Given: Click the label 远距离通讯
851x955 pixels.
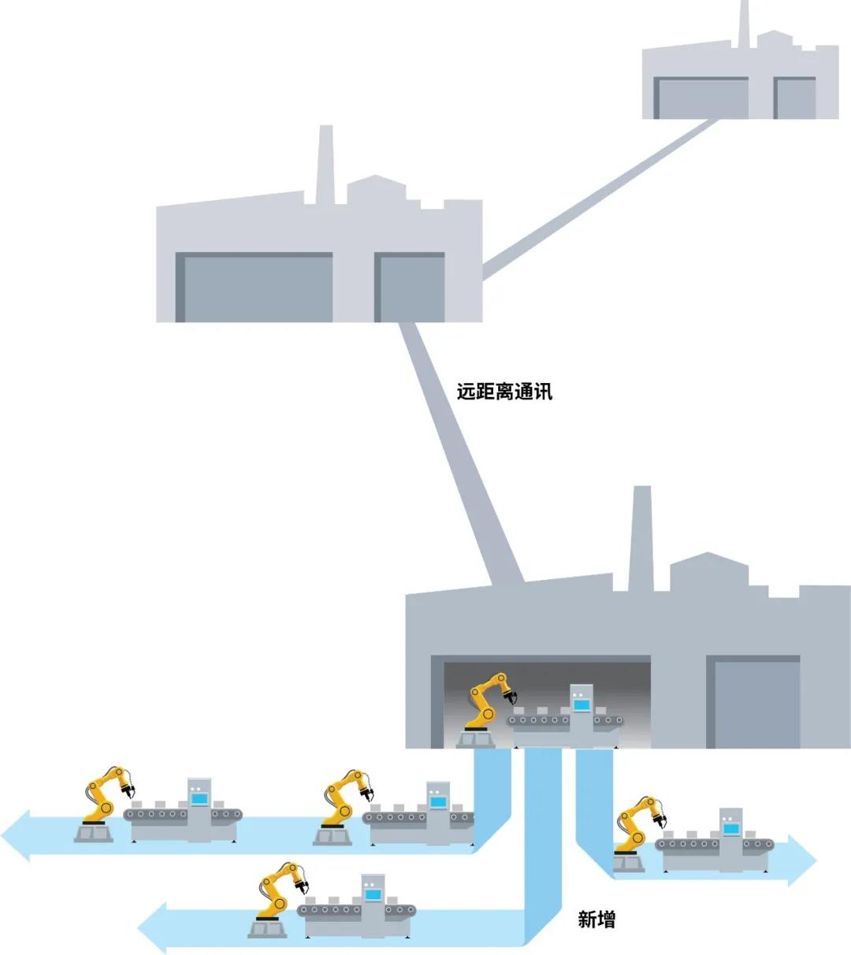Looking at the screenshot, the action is point(504,392).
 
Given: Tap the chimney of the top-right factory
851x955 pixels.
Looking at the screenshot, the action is point(744,24).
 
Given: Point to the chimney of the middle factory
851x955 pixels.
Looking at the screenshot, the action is point(325,165).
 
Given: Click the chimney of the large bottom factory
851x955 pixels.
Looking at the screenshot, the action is point(641,538).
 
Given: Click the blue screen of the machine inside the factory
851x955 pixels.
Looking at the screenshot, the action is point(582,705).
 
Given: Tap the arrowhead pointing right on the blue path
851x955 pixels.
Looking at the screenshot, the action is point(802,860).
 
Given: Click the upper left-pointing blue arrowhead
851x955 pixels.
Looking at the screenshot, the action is point(16,835).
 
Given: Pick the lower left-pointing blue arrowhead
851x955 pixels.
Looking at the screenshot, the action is point(152,928).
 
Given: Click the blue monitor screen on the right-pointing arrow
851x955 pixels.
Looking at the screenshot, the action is point(731,829).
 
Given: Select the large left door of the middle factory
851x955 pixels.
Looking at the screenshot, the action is point(255,287).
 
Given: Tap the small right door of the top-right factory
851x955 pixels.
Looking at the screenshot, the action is point(794,98).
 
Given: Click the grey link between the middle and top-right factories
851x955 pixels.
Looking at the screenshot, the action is point(600,199).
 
